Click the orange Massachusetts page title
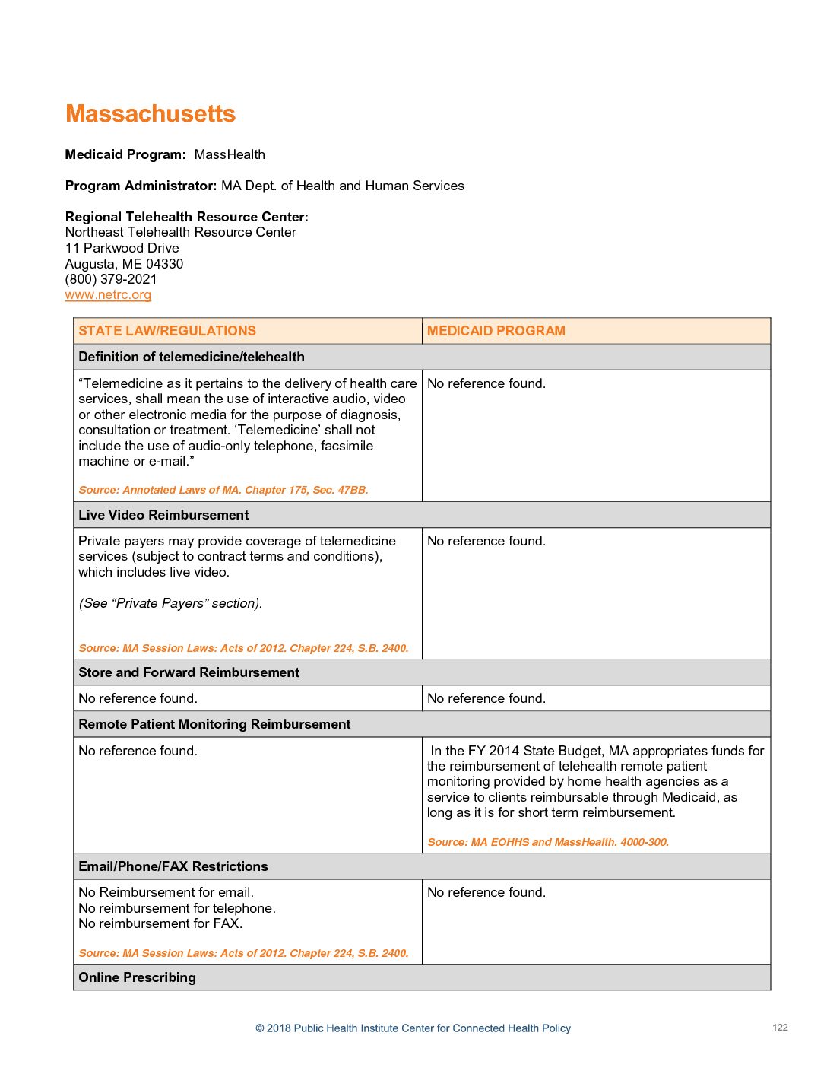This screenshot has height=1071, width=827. (x=151, y=114)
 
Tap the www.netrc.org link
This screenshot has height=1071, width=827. (x=108, y=295)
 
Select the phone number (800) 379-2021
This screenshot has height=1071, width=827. (x=111, y=279)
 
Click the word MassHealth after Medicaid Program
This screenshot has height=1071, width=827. (x=230, y=154)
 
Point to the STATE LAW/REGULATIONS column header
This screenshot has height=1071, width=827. (x=167, y=331)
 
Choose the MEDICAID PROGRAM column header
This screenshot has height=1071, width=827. (x=496, y=331)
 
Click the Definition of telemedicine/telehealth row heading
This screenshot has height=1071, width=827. (x=192, y=357)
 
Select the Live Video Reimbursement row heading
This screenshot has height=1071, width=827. (x=163, y=515)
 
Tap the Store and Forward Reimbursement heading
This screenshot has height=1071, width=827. (x=189, y=672)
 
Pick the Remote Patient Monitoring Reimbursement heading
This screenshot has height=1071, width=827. (x=214, y=724)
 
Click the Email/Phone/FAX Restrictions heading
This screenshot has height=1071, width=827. (x=173, y=866)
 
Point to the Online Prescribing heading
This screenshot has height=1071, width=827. (x=137, y=977)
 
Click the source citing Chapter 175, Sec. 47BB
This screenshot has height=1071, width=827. (x=223, y=490)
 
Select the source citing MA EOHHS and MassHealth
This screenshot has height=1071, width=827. (x=548, y=842)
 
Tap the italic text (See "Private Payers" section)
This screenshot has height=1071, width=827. (x=170, y=603)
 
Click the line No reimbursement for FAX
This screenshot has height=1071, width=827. (x=160, y=923)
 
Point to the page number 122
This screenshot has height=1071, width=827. (x=780, y=1028)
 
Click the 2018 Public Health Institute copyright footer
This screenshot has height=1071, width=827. (x=413, y=1028)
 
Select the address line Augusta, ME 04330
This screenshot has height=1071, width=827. (x=124, y=264)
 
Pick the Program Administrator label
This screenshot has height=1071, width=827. (x=141, y=186)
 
